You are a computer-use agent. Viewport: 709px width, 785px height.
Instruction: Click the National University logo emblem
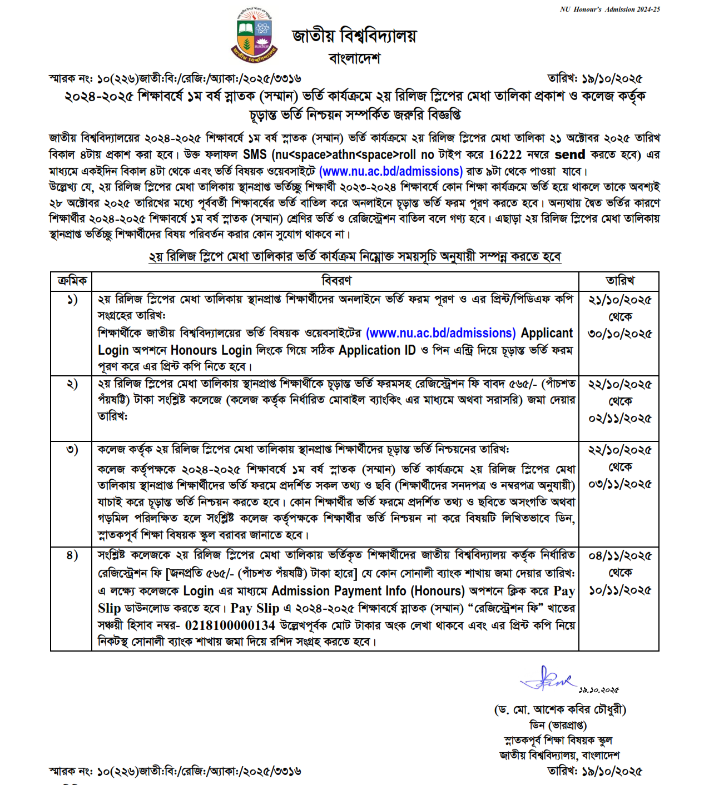(x=254, y=35)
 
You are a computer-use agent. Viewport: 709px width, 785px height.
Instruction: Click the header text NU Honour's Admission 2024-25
(x=609, y=9)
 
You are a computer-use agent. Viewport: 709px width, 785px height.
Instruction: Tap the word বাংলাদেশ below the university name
(x=354, y=58)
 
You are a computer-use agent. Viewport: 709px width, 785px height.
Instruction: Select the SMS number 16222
(x=505, y=155)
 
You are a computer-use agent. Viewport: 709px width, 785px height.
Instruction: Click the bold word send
(x=570, y=155)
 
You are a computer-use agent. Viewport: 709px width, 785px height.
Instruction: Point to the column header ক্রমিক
(x=72, y=281)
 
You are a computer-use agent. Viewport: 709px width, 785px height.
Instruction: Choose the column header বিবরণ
(x=336, y=281)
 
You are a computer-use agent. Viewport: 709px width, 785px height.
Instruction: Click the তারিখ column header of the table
(x=619, y=281)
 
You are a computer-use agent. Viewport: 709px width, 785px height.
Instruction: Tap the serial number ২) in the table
(x=72, y=384)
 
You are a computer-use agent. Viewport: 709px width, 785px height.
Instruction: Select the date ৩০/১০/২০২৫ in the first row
(x=619, y=334)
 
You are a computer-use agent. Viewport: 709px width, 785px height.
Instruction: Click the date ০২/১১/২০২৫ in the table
(x=619, y=418)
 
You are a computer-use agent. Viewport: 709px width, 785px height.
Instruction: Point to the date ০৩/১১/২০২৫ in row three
(x=619, y=484)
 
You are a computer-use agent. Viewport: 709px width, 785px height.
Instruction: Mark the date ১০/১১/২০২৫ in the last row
(x=619, y=590)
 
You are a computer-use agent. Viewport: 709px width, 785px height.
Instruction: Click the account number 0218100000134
(x=230, y=625)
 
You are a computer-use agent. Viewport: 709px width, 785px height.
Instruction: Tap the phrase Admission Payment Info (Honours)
(x=368, y=591)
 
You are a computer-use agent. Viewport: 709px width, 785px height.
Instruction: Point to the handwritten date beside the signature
(x=598, y=690)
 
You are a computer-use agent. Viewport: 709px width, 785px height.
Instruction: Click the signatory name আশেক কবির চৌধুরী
(x=579, y=709)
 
